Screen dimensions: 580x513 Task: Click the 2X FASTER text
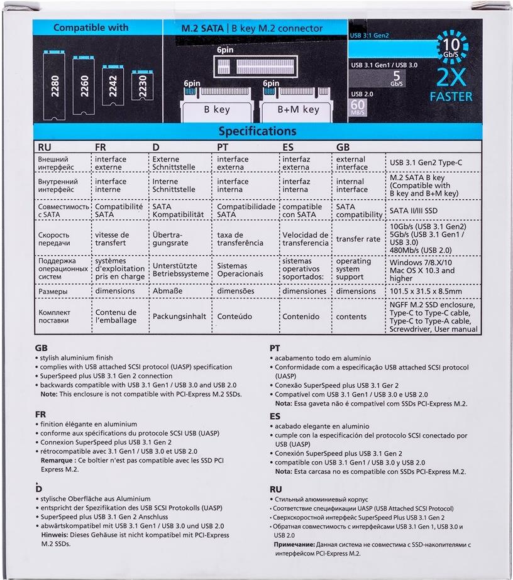(x=451, y=88)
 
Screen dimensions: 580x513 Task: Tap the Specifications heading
(x=257, y=131)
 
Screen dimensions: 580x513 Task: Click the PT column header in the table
(x=224, y=147)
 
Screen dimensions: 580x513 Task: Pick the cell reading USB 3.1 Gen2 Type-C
(x=426, y=163)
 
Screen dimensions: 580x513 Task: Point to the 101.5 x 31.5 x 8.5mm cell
(x=426, y=292)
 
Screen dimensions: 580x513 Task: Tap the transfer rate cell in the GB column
(x=358, y=239)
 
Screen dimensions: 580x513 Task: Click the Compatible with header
(x=91, y=28)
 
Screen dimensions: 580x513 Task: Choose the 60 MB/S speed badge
(x=358, y=106)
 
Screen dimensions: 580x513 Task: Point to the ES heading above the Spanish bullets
(x=275, y=416)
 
